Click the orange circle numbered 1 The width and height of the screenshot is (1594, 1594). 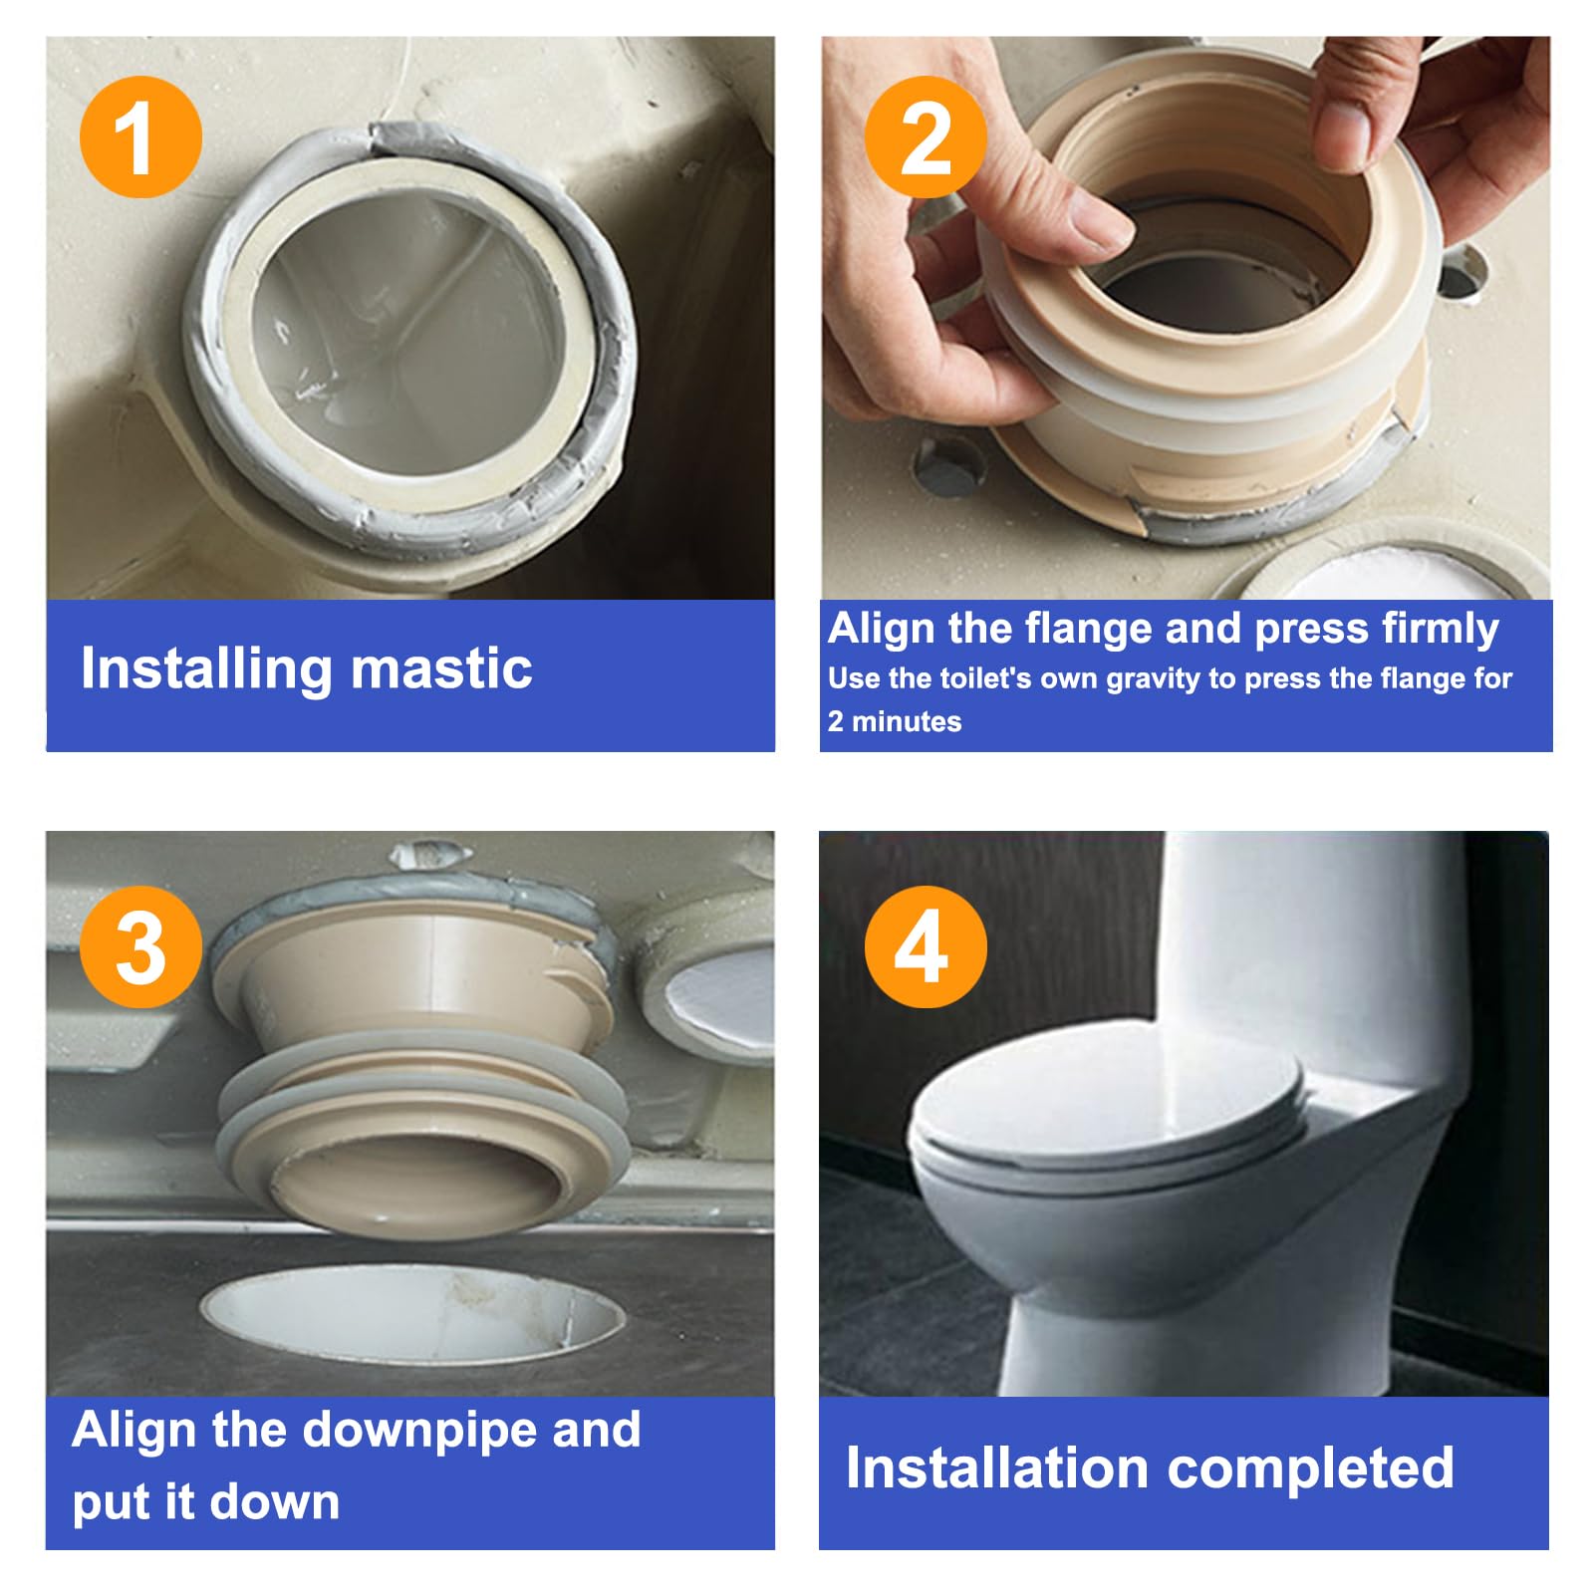click(140, 136)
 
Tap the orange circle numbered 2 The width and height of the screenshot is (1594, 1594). click(926, 136)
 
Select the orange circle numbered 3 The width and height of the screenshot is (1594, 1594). click(140, 946)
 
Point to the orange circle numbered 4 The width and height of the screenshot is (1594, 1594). click(926, 946)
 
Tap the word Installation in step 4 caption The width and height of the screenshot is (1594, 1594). click(997, 1467)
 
